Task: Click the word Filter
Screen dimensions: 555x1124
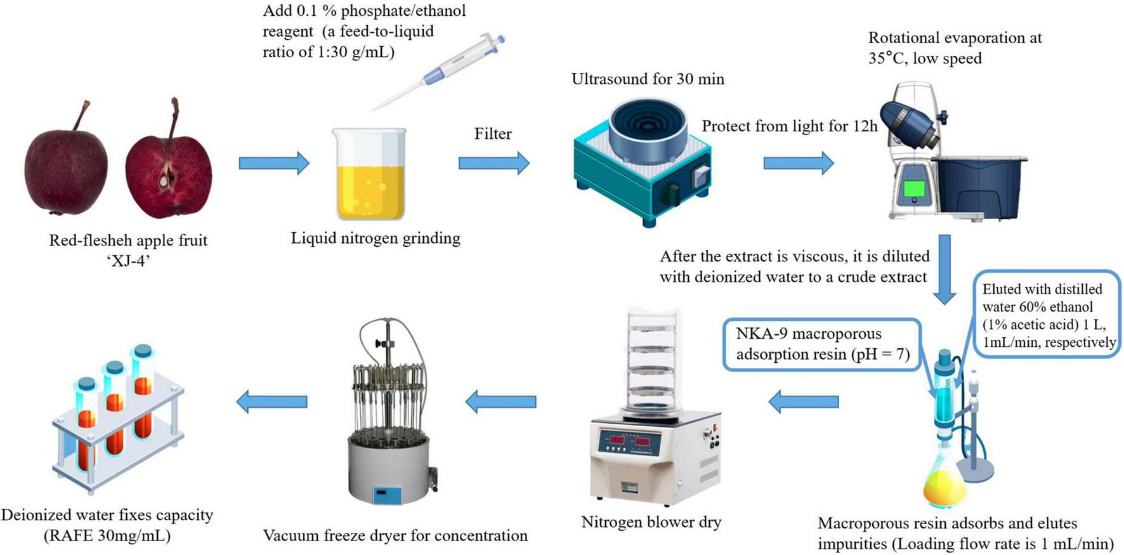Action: (493, 134)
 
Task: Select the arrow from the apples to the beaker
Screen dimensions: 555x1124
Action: (273, 163)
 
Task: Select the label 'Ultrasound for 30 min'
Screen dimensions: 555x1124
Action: (648, 79)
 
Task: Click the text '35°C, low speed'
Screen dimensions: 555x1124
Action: (925, 58)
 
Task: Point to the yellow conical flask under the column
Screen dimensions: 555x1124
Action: (944, 485)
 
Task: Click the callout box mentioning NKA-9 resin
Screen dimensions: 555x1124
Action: (822, 344)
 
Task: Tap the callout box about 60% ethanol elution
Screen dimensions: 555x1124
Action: (1047, 315)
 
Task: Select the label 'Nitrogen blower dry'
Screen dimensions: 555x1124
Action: (651, 522)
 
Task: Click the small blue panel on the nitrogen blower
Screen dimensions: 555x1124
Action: (386, 494)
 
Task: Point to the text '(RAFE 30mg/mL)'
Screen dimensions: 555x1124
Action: (107, 535)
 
